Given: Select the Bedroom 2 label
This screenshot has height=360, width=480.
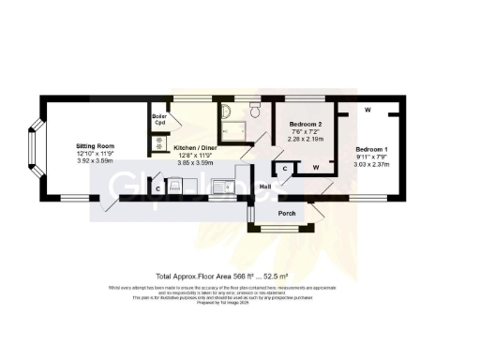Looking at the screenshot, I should pyautogui.click(x=305, y=125).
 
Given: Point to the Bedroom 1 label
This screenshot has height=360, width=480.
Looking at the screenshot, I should pyautogui.click(x=371, y=150).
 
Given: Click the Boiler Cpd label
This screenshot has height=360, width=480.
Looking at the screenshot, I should pyautogui.click(x=159, y=119).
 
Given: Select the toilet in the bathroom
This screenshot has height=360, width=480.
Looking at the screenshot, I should pyautogui.click(x=228, y=113).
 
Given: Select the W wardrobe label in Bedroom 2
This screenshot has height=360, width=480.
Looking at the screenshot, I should pyautogui.click(x=316, y=167).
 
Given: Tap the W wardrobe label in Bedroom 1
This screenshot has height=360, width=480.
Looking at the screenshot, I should pyautogui.click(x=367, y=111).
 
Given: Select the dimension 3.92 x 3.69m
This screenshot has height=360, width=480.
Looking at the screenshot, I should pyautogui.click(x=94, y=161).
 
